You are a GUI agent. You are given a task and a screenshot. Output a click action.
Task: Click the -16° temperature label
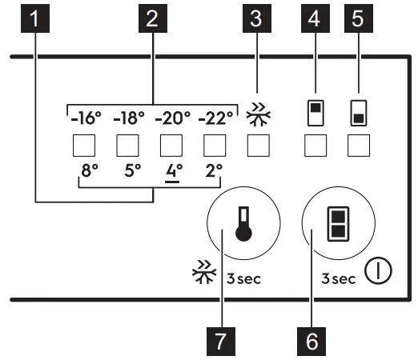pyautogui.click(x=85, y=120)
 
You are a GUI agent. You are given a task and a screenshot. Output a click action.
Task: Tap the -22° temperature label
pyautogui.click(x=215, y=120)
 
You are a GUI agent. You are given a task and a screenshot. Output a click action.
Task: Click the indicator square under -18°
pyautogui.click(x=128, y=146)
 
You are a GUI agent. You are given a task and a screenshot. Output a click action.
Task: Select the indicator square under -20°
pyautogui.click(x=171, y=146)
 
